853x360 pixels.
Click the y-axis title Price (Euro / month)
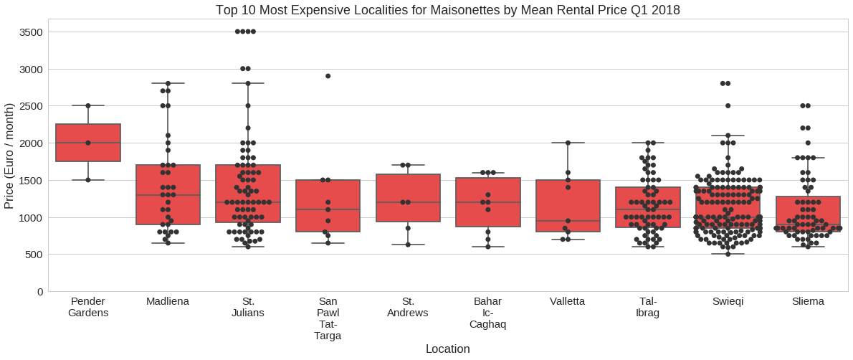[9, 156]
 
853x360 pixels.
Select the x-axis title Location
[447, 349]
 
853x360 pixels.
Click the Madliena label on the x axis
[168, 302]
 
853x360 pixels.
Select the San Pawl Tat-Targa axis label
[328, 318]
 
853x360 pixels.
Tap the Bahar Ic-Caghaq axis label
[487, 313]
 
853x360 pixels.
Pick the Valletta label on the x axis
[568, 302]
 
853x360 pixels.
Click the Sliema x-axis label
[808, 302]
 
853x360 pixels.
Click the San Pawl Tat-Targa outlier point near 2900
[328, 76]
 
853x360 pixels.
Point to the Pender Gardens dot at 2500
[88, 106]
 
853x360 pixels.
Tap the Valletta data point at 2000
[568, 143]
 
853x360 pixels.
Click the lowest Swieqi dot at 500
[728, 254]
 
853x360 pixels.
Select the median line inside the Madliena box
[168, 195]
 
